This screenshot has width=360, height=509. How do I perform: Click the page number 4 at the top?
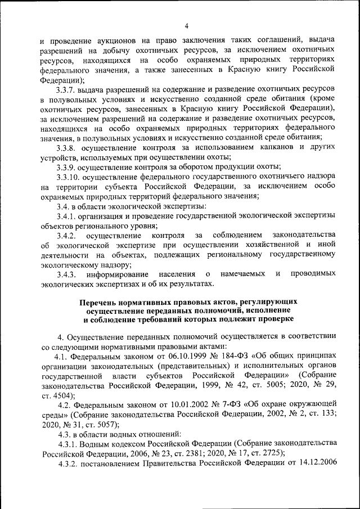point(186,25)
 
